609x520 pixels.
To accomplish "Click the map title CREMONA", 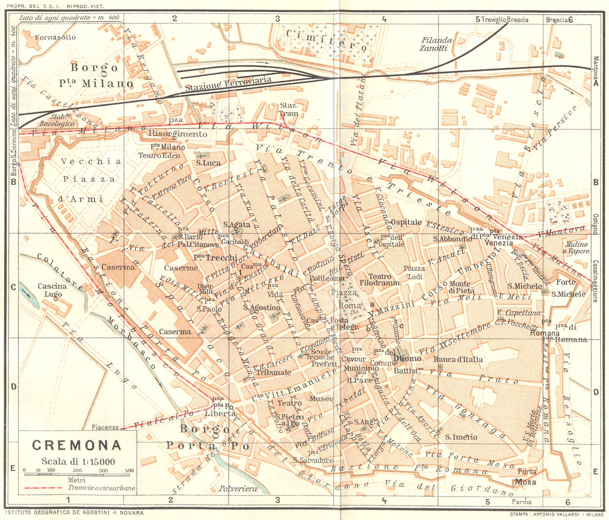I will pos(77,445).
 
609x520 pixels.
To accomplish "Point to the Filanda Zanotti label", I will pos(436,44).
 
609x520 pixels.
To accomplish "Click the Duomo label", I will pos(407,359).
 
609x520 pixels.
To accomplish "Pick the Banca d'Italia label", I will pos(458,359).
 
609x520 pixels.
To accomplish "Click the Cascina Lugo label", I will pos(53,290).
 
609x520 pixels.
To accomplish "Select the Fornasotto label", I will pos(55,37).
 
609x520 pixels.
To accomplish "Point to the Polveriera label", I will pos(238,489).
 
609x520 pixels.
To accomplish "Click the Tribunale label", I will pos(273,372).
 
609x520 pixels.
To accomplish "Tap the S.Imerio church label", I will pos(461,437).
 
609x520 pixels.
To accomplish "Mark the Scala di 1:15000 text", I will pos(78,461).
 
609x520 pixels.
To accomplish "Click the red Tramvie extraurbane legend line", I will pos(43,488).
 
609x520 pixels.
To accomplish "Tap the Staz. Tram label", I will pos(289,109).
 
